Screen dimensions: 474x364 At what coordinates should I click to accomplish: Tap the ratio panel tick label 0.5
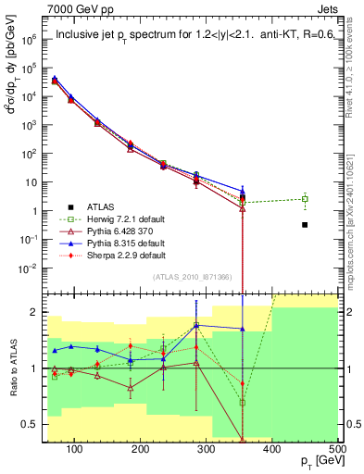[36, 425]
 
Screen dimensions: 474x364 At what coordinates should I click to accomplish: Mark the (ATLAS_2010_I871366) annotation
[192, 277]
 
